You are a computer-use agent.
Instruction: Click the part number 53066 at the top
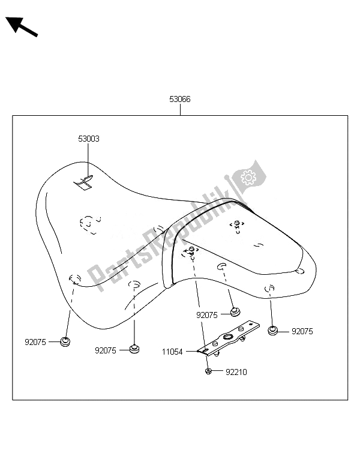pyautogui.click(x=180, y=100)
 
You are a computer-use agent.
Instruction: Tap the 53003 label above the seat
pyautogui.click(x=89, y=139)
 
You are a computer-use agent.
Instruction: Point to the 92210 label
pyautogui.click(x=236, y=372)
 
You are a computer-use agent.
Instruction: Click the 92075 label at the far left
pyautogui.click(x=35, y=342)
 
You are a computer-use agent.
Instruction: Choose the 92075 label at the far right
pyautogui.click(x=302, y=331)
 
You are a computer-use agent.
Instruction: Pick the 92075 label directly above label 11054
pyautogui.click(x=208, y=314)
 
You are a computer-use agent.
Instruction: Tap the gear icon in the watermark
pyautogui.click(x=248, y=177)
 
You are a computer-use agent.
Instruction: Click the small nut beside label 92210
pyautogui.click(x=208, y=372)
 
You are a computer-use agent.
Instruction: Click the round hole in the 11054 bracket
pyautogui.click(x=229, y=338)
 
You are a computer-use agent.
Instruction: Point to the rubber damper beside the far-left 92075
pyautogui.click(x=65, y=342)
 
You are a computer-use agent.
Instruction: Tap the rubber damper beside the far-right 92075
pyautogui.click(x=273, y=330)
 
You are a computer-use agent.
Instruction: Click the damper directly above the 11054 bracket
pyautogui.click(x=235, y=312)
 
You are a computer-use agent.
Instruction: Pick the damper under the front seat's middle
pyautogui.click(x=135, y=349)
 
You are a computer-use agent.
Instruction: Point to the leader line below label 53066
pyautogui.click(x=180, y=109)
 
